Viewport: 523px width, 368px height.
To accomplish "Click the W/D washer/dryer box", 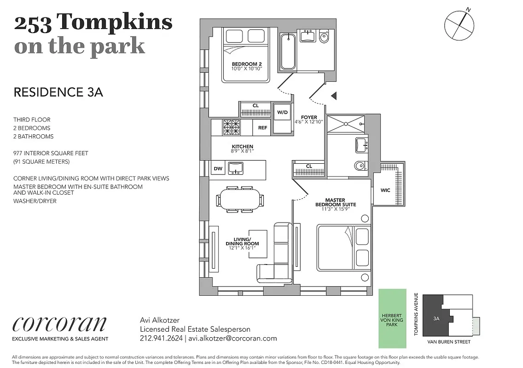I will pos(282,112).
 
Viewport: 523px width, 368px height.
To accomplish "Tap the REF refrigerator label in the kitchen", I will pos(262,127).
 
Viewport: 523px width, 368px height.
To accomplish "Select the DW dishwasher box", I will pos(218,169).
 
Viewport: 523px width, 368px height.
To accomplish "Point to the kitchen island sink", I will pos(236,168).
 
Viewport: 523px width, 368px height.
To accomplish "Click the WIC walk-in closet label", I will pos(385,190).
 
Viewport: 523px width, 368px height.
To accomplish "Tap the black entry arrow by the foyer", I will pos(334,96).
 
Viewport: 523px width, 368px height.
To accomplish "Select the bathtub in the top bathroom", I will pos(288,52).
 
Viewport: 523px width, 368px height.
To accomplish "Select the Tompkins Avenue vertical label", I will pos(416,314).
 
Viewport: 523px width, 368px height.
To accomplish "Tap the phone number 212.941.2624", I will pos(161,338).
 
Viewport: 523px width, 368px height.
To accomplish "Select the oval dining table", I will pos(240,200).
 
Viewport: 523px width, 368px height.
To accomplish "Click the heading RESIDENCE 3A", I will pos(58,92).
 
